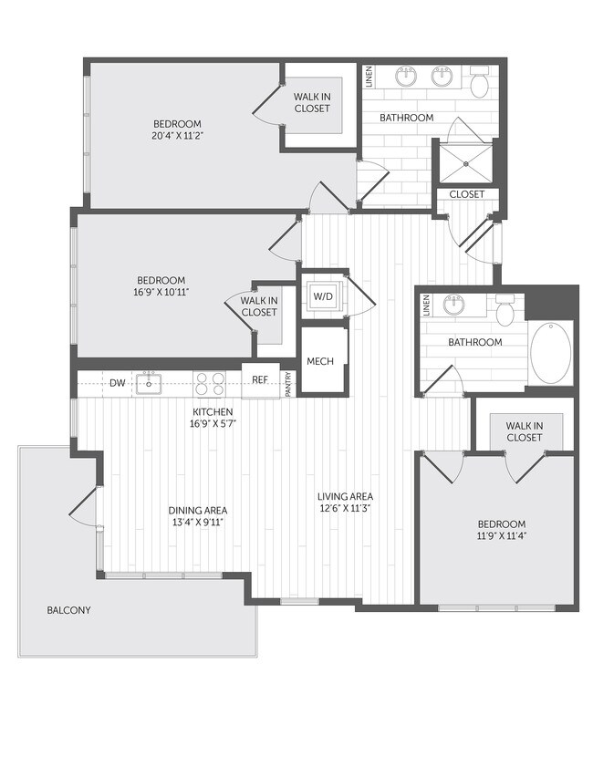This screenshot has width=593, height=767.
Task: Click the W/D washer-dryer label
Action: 323,295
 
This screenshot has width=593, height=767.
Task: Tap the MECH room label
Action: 320,361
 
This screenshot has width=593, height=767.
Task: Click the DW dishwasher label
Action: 117,384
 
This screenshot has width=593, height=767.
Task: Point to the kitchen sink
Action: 148,384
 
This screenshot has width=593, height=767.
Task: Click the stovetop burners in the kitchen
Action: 208,383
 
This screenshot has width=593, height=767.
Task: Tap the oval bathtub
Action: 553,353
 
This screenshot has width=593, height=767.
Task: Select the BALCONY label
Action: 69,610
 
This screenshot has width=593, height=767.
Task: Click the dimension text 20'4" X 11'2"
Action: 178,136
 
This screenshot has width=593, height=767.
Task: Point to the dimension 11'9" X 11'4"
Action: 502,536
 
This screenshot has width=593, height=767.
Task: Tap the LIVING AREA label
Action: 342,497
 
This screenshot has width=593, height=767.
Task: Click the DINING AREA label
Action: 198,510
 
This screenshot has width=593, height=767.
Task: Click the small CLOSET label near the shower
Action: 467,194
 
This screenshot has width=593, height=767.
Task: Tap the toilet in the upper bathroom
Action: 480,84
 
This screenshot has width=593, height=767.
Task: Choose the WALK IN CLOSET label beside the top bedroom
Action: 312,102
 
